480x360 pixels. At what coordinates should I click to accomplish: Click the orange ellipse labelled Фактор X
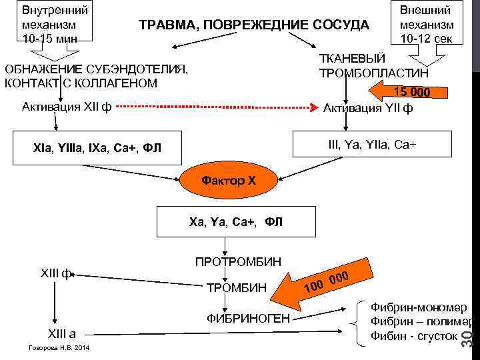point(229,181)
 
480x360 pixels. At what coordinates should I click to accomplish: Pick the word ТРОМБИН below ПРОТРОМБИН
point(237,289)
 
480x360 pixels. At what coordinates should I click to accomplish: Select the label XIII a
point(59,334)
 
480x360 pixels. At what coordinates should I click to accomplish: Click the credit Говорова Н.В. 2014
point(55,349)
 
